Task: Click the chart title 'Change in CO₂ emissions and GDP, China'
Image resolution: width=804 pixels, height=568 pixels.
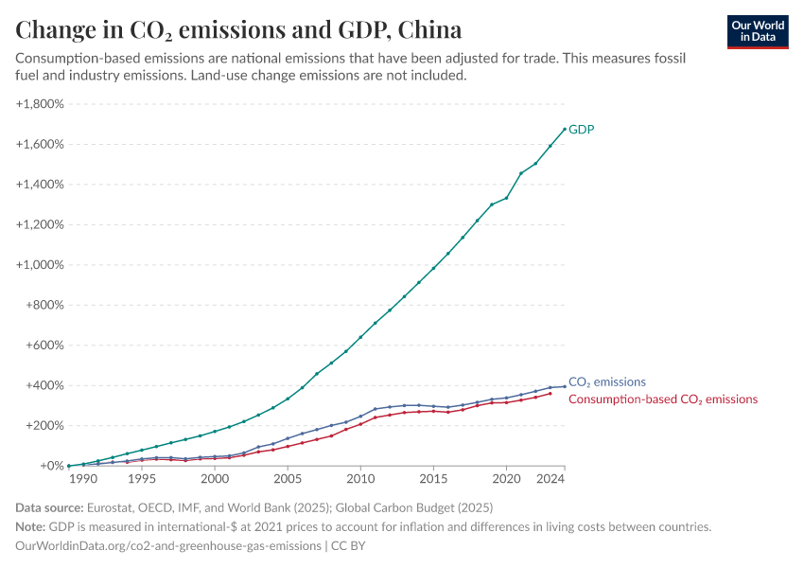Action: coord(238,30)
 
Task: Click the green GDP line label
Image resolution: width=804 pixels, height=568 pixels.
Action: coord(581,129)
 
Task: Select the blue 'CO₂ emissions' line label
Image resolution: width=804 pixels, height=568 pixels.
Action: coord(606,382)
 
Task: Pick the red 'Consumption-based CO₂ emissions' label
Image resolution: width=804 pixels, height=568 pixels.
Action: coord(662,399)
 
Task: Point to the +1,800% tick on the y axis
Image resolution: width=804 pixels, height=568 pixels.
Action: coord(40,104)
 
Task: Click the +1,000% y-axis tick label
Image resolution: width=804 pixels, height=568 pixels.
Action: coord(40,265)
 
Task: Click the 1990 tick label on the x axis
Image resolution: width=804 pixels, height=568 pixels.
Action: coord(83,480)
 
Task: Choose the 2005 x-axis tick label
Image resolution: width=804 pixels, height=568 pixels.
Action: coord(288,480)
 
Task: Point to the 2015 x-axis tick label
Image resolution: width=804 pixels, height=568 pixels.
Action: coord(433,480)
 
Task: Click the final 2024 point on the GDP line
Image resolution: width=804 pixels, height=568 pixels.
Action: coord(565,129)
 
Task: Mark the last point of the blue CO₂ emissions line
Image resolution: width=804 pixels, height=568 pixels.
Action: coord(565,386)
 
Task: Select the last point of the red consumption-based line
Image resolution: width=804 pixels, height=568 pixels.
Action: coord(551,393)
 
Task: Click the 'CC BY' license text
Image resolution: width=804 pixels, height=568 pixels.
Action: coord(347,546)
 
